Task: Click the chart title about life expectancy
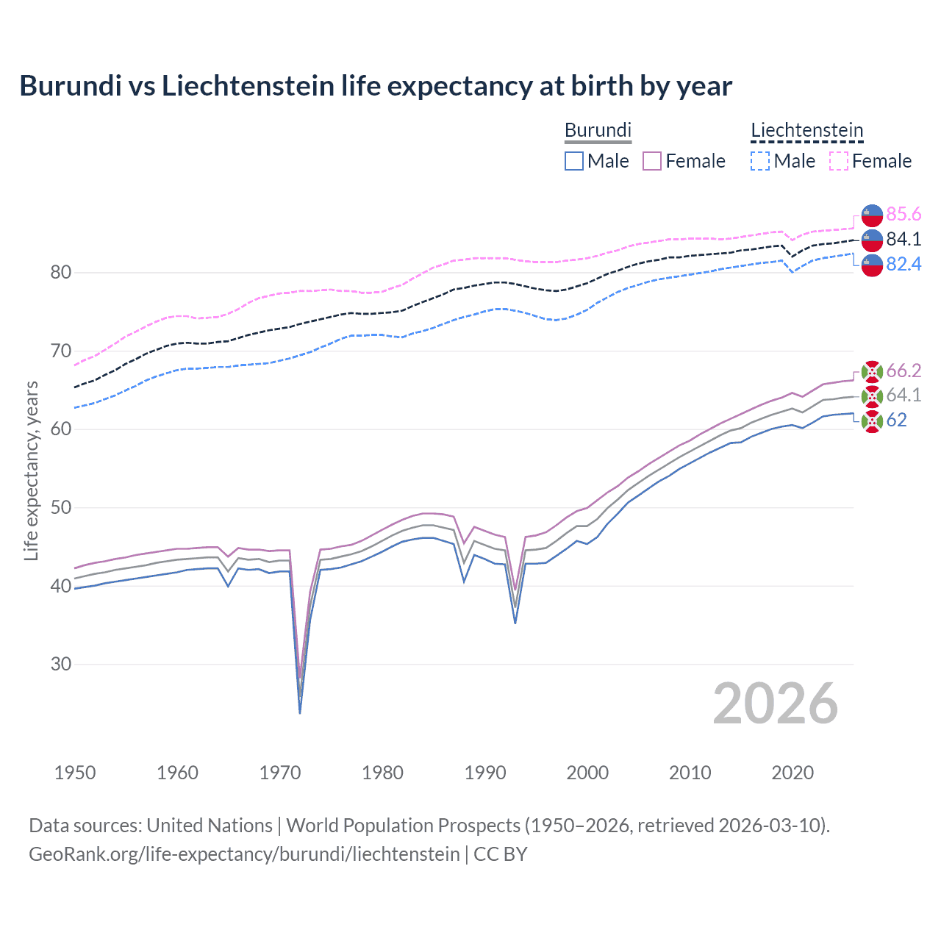point(376,86)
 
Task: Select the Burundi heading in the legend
point(598,130)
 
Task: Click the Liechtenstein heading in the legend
point(806,130)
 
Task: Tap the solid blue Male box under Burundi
point(574,161)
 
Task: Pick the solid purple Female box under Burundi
point(652,161)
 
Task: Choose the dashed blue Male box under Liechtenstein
point(760,161)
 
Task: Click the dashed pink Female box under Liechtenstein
point(839,161)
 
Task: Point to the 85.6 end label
point(904,214)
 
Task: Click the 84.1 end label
point(904,239)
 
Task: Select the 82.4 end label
point(904,264)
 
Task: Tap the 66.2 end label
point(904,371)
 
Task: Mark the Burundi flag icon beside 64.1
point(872,396)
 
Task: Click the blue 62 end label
point(896,420)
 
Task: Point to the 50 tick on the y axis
point(61,507)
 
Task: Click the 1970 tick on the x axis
point(280,773)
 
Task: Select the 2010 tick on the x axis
point(690,773)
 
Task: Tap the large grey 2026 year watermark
point(775,704)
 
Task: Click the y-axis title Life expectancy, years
point(31,470)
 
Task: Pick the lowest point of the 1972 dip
point(300,712)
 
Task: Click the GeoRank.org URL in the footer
point(244,854)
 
